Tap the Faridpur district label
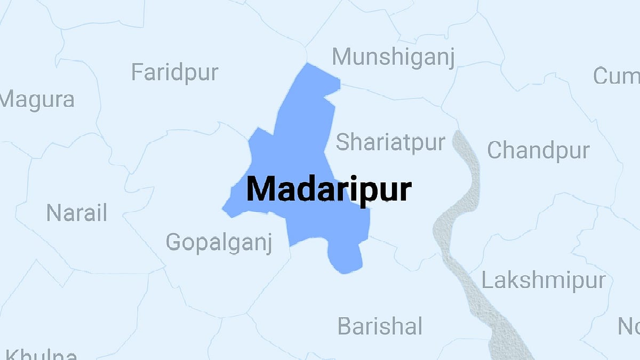click(x=174, y=72)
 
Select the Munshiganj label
click(x=394, y=57)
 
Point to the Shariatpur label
click(x=390, y=142)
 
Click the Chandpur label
click(x=538, y=150)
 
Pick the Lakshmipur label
click(x=544, y=280)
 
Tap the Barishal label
click(x=380, y=326)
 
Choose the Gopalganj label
click(x=219, y=242)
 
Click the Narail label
click(x=76, y=213)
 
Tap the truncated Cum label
click(x=617, y=76)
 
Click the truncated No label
click(x=629, y=326)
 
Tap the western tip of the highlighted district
click(x=225, y=210)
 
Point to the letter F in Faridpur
click(x=137, y=72)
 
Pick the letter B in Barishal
click(x=345, y=326)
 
